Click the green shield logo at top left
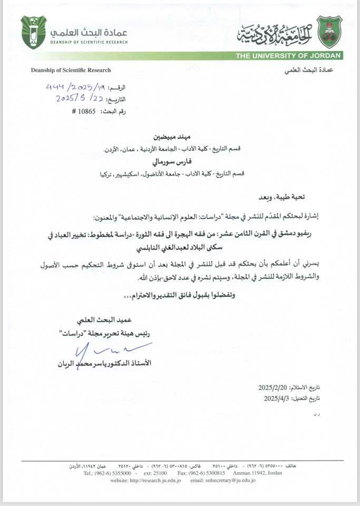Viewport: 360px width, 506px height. pyautogui.click(x=33, y=32)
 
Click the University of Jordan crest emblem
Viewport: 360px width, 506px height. pyautogui.click(x=329, y=32)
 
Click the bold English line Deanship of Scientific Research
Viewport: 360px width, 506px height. pyautogui.click(x=71, y=70)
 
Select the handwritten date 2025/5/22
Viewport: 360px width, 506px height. pyautogui.click(x=78, y=98)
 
